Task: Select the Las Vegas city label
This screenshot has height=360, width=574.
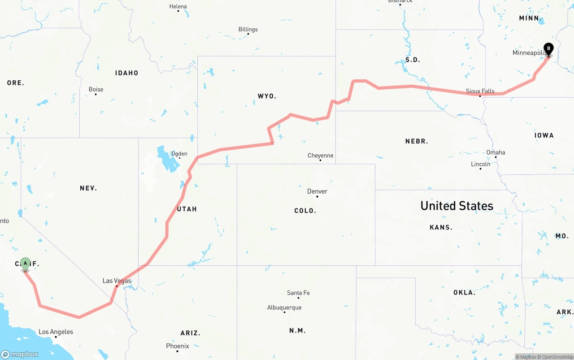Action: tap(117, 281)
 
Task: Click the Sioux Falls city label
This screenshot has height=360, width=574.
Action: tap(480, 91)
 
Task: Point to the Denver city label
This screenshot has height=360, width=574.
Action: tap(317, 191)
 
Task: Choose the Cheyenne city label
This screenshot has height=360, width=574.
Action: tap(320, 156)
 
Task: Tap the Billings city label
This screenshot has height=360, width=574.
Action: tap(248, 30)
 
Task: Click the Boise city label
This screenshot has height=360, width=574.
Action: tap(96, 90)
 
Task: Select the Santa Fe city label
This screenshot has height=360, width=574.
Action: tap(298, 293)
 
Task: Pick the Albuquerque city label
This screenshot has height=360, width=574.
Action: tap(284, 308)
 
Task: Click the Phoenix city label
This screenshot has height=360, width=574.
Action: tap(178, 346)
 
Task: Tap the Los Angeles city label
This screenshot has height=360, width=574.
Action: tap(56, 332)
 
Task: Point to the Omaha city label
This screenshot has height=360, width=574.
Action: tap(496, 152)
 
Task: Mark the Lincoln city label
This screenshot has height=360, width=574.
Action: tap(480, 164)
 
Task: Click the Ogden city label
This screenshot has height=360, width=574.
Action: tap(179, 154)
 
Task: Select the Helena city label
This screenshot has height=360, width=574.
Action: tap(178, 7)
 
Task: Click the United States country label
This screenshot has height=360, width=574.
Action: tap(457, 206)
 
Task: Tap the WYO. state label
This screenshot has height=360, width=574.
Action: tap(267, 96)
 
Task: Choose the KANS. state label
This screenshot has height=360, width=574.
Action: tap(441, 228)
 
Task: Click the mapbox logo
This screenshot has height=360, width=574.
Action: tap(20, 354)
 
